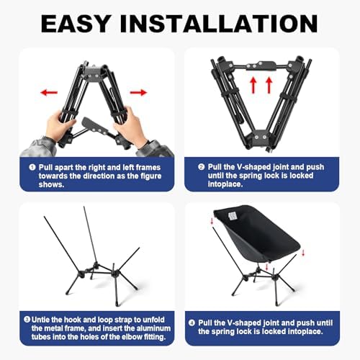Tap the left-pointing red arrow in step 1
(x=49, y=92)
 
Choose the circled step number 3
(x=26, y=319)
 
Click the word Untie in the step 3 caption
(x=42, y=319)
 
